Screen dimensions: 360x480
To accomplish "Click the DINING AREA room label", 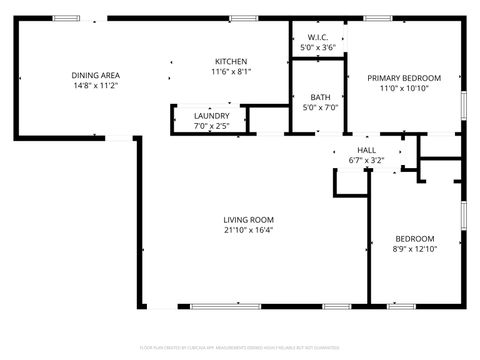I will (x=96, y=75).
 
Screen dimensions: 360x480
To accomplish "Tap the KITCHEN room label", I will (x=231, y=61).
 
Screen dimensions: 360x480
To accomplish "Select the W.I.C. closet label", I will (x=318, y=37).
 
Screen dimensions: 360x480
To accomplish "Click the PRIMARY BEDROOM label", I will (x=404, y=78).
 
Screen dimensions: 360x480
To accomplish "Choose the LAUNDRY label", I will (x=211, y=116).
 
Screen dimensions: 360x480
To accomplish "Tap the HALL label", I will (x=366, y=148).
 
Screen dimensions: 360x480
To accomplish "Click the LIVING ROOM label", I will (x=249, y=220).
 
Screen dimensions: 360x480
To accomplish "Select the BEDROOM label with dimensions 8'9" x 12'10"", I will (x=414, y=238).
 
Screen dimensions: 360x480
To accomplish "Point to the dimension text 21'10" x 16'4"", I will (x=249, y=230).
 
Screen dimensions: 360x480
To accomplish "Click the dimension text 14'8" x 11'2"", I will (x=96, y=86).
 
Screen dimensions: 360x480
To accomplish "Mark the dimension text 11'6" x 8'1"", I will (x=231, y=72).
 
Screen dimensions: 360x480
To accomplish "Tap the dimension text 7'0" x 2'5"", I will (x=211, y=126).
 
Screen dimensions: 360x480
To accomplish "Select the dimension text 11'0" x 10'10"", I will (x=404, y=88).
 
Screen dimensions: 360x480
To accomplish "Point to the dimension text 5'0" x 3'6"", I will (x=318, y=47).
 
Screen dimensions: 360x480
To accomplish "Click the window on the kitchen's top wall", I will (x=242, y=18).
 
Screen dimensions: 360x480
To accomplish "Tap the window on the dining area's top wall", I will (x=67, y=18).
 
